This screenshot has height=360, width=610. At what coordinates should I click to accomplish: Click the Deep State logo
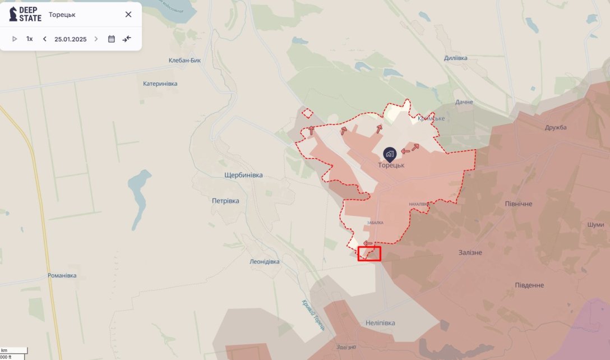[25, 14]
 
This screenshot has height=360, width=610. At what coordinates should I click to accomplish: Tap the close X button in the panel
[128, 15]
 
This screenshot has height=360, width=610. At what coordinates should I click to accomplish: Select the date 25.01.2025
[71, 39]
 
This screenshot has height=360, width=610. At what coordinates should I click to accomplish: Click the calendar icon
[112, 39]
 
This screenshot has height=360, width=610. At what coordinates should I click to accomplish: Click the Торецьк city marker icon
[389, 153]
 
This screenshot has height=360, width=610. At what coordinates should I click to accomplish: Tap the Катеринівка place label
[160, 84]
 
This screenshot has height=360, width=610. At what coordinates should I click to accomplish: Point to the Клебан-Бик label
[184, 61]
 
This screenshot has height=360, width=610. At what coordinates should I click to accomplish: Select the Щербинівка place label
[243, 176]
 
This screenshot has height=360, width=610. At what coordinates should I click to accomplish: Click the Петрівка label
[225, 201]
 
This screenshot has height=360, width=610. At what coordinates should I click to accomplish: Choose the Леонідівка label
[265, 262]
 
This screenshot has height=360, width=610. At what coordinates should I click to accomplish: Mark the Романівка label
[62, 276]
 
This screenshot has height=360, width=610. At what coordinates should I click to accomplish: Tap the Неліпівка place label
[380, 323]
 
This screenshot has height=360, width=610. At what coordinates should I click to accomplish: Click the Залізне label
[469, 252]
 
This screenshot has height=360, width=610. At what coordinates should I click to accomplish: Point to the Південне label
[529, 285]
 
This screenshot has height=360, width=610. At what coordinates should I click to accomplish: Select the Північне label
[519, 204]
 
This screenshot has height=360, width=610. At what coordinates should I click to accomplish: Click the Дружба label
[556, 127]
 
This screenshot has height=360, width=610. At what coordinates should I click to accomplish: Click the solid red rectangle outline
[369, 253]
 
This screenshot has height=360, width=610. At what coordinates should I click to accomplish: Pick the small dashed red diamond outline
[307, 113]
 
